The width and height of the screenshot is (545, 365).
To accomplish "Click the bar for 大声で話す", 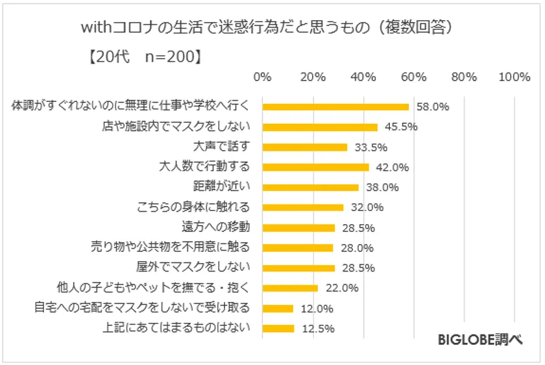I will coord(304,147).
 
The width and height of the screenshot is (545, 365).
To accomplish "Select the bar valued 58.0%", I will coord(335,107).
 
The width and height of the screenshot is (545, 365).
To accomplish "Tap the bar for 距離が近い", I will coord(310,187).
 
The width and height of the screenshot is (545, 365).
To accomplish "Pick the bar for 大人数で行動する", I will coord(315,167).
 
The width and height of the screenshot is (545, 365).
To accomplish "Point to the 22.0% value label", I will coord(341,288).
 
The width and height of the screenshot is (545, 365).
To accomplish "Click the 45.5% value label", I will coord(400,127).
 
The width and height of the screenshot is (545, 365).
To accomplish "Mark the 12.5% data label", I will coord(318,329).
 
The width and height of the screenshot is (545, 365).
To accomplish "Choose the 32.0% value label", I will coord(367,208).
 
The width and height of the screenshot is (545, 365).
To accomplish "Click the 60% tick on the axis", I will coord(413,77).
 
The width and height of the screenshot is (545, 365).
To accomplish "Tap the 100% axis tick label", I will coord(515,77).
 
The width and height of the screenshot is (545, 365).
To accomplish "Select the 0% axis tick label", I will coord(262,77).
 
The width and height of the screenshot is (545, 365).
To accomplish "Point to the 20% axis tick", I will coord(313,77).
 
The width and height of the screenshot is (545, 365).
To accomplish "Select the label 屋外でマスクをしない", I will coord(198,268).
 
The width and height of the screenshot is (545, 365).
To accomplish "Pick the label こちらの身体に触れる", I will coord(193,207).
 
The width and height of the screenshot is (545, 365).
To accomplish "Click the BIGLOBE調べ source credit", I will coord(480,339).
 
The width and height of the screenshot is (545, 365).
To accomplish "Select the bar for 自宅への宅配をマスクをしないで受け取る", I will coord(278,308).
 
